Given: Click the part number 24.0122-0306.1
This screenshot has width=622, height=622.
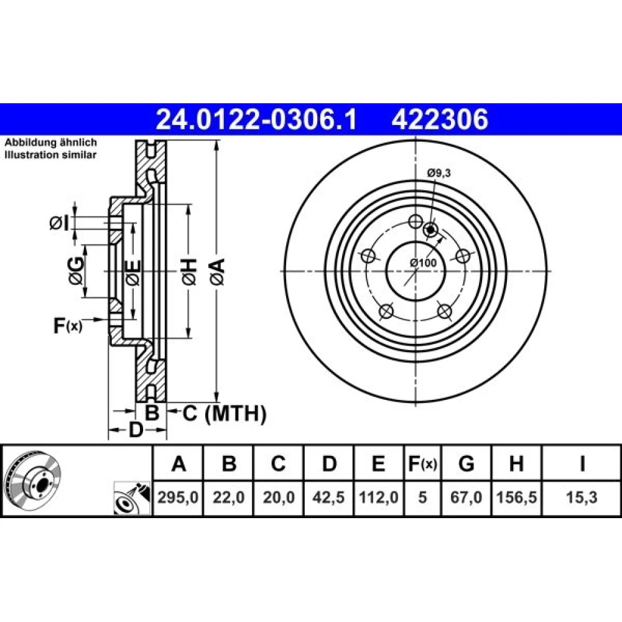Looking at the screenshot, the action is [x=256, y=119].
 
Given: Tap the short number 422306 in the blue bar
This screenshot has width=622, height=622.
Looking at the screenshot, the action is [x=440, y=119].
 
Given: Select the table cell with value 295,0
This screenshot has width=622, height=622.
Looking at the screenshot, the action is [x=178, y=497].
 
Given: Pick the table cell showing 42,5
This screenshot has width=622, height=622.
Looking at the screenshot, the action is [x=328, y=497].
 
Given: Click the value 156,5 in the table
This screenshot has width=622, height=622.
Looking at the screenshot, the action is [x=516, y=497].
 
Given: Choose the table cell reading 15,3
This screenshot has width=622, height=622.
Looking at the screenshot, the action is [x=582, y=497].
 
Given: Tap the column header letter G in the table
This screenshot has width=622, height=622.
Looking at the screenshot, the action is [x=466, y=463].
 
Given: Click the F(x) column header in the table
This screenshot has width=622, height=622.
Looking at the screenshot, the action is [x=422, y=464].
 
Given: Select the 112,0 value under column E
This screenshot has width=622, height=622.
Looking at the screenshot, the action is [x=378, y=497].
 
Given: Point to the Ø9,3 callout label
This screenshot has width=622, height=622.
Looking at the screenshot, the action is [x=439, y=173].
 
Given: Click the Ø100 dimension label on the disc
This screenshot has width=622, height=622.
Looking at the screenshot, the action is [x=423, y=262].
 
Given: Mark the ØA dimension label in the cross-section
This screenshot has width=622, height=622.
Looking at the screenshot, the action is [x=218, y=271].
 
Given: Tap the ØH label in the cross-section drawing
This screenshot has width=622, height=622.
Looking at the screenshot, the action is [x=189, y=271].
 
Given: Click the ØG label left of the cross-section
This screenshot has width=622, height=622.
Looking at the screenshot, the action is [x=76, y=271].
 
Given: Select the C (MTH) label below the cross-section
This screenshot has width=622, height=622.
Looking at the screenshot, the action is [x=225, y=414].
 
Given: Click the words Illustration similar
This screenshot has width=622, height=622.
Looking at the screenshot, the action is [x=50, y=155].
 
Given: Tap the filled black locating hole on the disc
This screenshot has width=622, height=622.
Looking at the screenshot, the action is [x=430, y=229].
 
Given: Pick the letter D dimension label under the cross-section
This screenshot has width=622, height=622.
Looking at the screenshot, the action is [x=136, y=430].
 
